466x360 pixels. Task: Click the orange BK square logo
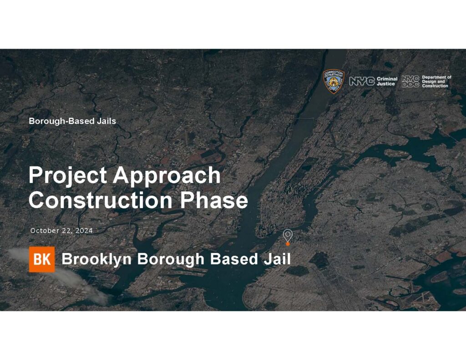pyautogui.click(x=42, y=259)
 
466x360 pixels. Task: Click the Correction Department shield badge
pyautogui.click(x=334, y=81)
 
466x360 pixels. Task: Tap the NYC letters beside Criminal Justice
pyautogui.click(x=362, y=81)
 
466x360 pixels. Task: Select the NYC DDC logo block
pyautogui.click(x=410, y=81)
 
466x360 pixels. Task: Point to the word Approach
pyautogui.click(x=167, y=176)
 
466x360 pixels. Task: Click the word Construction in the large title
pyautogui.click(x=101, y=200)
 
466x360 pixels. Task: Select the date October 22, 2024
pyautogui.click(x=61, y=230)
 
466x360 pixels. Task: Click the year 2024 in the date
pyautogui.click(x=84, y=230)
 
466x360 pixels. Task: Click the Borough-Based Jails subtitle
pyautogui.click(x=72, y=121)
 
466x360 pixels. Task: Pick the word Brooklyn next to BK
pyautogui.click(x=96, y=259)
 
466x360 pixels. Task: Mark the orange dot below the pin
pyautogui.click(x=288, y=244)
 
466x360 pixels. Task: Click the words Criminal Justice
pyautogui.click(x=387, y=81)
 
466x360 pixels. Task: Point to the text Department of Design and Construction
pyautogui.click(x=436, y=81)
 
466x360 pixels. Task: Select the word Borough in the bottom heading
pyautogui.click(x=171, y=259)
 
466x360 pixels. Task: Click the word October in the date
pyautogui.click(x=45, y=230)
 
